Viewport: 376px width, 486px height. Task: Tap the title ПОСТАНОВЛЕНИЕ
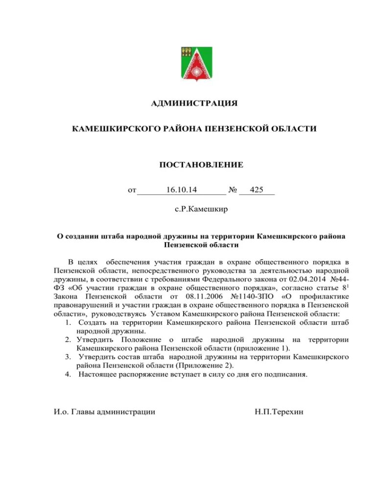tap(201, 164)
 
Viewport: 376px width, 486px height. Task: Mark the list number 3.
tap(67, 357)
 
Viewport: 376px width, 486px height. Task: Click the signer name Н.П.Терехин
tap(279, 412)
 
